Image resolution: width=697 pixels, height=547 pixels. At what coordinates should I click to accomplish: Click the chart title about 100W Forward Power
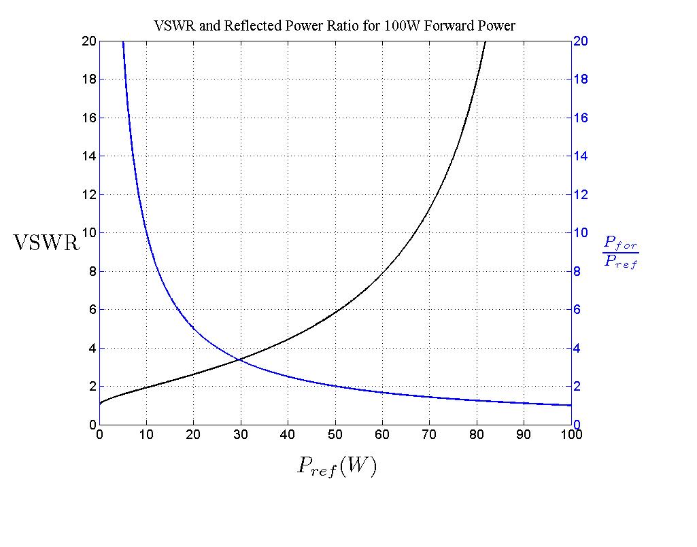335,26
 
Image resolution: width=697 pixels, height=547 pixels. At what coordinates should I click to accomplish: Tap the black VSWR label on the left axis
46,243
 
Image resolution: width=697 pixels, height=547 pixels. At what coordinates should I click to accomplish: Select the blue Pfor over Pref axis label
620,252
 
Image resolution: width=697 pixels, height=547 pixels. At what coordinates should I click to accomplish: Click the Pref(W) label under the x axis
336,466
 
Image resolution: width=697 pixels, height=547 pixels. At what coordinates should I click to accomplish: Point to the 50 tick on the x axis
335,435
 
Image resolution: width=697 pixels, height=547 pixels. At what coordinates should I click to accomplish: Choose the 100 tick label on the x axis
571,435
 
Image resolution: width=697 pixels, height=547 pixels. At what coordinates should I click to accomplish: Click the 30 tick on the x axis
241,435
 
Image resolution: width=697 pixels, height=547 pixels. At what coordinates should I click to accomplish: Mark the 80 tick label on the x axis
477,435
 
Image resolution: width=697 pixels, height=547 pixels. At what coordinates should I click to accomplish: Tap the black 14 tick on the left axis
87,156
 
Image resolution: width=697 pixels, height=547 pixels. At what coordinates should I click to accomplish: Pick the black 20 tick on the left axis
87,41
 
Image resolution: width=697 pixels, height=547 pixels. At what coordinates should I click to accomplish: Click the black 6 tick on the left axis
90,310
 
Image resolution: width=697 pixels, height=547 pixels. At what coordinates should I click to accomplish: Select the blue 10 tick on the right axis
581,233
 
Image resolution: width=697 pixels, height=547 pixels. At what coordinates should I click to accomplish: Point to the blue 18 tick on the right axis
581,80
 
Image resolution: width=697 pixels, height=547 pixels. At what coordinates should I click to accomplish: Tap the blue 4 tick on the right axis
579,349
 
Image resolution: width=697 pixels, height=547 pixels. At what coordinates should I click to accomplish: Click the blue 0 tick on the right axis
579,425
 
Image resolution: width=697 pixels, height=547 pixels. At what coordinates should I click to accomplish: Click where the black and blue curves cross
238,359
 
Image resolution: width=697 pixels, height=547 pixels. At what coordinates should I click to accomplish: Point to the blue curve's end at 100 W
571,406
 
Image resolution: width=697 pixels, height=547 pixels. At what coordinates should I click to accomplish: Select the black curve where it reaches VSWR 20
486,41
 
